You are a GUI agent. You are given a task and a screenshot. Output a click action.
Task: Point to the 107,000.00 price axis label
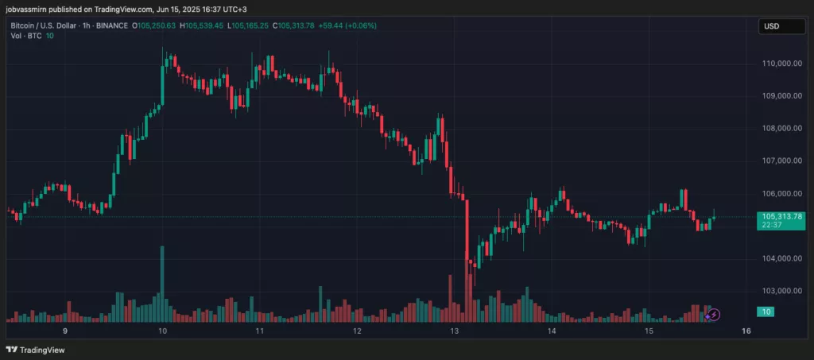click(x=781, y=161)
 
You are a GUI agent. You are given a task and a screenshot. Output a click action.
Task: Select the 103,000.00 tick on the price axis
click(x=781, y=291)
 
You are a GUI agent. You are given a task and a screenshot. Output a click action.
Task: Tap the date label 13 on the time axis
click(x=455, y=331)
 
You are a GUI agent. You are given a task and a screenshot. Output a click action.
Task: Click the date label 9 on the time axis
click(x=65, y=331)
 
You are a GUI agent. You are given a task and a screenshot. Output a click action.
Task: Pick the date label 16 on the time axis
click(x=746, y=331)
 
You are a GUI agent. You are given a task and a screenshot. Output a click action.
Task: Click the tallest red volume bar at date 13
click(x=467, y=262)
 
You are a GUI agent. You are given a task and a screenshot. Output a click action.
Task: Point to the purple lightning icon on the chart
click(x=713, y=315)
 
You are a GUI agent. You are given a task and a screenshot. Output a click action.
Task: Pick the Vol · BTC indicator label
click(x=25, y=36)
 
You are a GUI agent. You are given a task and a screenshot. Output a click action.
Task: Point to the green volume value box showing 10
click(x=765, y=312)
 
